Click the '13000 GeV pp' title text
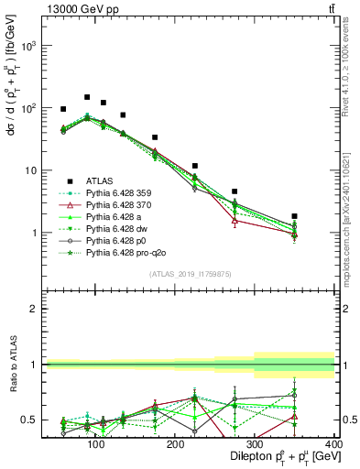81,8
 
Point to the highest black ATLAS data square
87,97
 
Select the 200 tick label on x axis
174,442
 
